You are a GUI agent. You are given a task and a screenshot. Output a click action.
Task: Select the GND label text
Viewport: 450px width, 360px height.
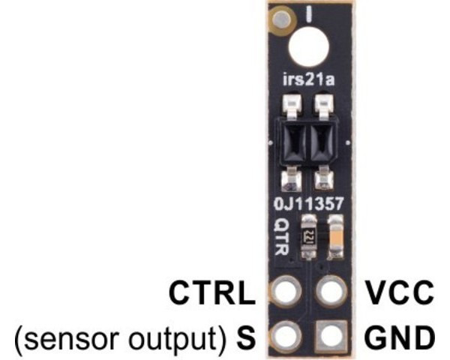click(x=398, y=335)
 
